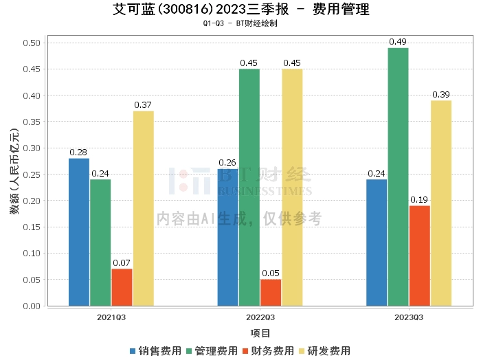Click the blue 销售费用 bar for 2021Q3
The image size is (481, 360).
tap(79, 232)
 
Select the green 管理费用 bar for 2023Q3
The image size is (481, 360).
tap(398, 177)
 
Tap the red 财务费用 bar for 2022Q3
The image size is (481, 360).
tap(271, 292)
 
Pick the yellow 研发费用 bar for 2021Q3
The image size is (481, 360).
tap(144, 208)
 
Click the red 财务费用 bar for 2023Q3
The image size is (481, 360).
tap(419, 256)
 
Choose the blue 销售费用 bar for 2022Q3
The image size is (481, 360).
tap(227, 237)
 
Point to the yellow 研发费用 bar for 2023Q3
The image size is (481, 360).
tap(441, 203)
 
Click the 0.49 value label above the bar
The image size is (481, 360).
tap(398, 42)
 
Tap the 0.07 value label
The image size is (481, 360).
tap(122, 262)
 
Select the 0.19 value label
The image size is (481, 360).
tap(419, 199)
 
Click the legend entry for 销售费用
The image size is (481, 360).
tap(155, 351)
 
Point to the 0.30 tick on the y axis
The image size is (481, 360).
tap(32, 148)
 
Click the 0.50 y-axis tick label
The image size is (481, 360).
tap(32, 43)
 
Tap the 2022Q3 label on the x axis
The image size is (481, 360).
tap(260, 317)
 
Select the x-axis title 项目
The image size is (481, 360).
tap(260, 333)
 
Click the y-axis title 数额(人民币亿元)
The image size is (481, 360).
tap(14, 174)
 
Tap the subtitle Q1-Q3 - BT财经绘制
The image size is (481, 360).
tap(240, 23)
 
